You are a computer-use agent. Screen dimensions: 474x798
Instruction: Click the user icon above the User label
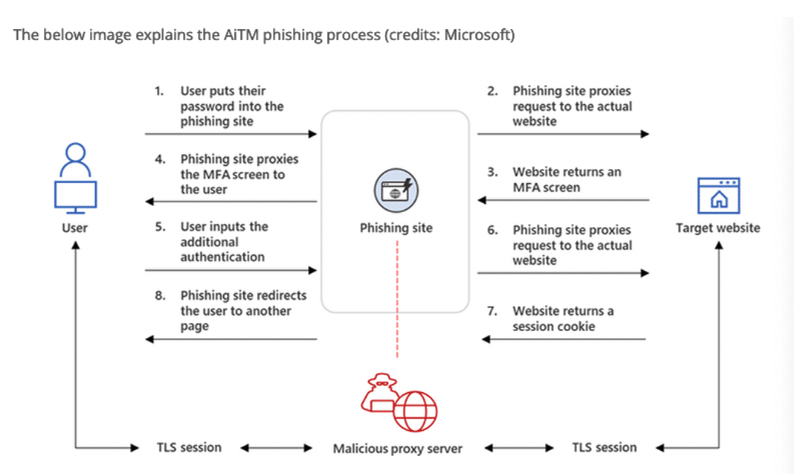(x=74, y=177)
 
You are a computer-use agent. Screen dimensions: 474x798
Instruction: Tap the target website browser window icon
(x=718, y=196)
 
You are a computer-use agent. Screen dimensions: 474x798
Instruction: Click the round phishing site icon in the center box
(x=396, y=190)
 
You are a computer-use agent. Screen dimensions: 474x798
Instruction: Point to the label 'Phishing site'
(x=396, y=228)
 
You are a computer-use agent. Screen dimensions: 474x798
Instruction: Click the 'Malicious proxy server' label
(x=397, y=449)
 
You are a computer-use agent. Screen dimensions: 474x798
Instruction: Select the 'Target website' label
(x=718, y=228)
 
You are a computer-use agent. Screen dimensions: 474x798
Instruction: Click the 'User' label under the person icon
(x=74, y=228)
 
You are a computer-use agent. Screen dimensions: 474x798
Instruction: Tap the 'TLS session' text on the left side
(x=189, y=447)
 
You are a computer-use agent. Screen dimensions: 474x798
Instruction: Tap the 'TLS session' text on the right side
(x=604, y=447)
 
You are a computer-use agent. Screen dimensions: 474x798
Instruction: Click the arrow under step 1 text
(x=231, y=135)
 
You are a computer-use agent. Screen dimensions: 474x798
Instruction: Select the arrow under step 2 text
(x=562, y=135)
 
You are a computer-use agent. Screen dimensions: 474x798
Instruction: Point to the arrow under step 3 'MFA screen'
(x=562, y=199)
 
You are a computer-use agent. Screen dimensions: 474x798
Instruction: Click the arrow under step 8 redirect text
(x=231, y=339)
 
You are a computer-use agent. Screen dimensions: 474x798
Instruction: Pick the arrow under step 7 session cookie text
(x=562, y=339)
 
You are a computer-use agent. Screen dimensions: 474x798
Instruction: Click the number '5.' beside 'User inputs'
(x=160, y=226)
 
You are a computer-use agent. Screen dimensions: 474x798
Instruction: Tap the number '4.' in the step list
(x=160, y=159)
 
